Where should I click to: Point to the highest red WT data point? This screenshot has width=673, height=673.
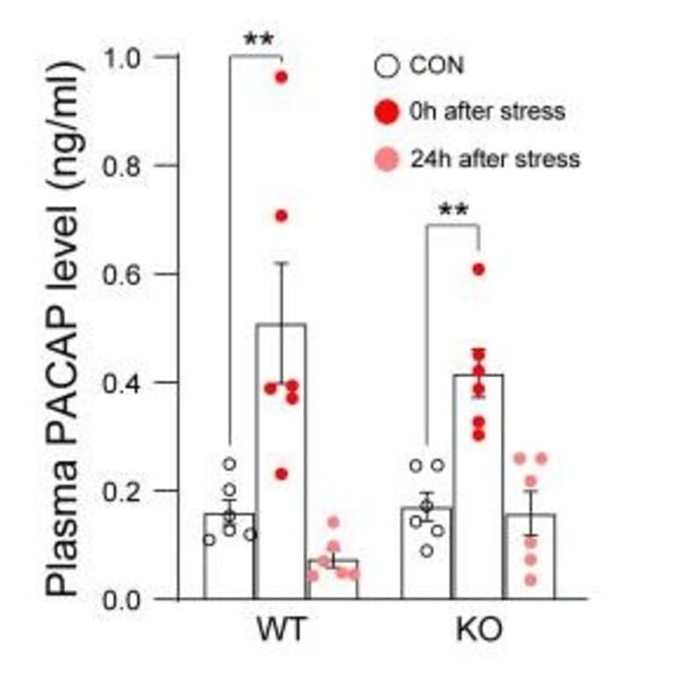(x=281, y=78)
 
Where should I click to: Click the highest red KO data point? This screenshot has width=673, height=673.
(x=478, y=270)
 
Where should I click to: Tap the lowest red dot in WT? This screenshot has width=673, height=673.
(x=281, y=474)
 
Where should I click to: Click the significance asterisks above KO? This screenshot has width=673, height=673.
(x=453, y=211)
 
